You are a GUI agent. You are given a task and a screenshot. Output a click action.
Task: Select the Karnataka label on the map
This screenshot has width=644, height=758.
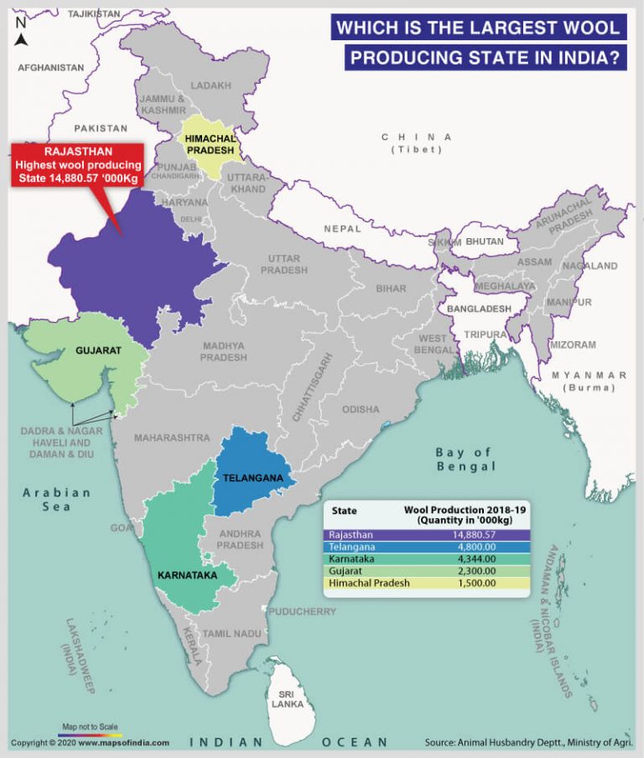187,576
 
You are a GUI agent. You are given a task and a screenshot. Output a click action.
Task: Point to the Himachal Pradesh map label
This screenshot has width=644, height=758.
211,143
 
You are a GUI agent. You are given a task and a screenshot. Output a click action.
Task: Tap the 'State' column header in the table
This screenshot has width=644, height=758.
344,510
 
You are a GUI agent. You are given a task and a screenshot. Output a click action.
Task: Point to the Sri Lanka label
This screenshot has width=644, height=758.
286,699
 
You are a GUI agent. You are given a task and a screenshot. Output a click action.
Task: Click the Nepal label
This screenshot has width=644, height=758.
343,228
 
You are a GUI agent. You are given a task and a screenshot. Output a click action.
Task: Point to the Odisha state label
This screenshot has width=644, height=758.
360,409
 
